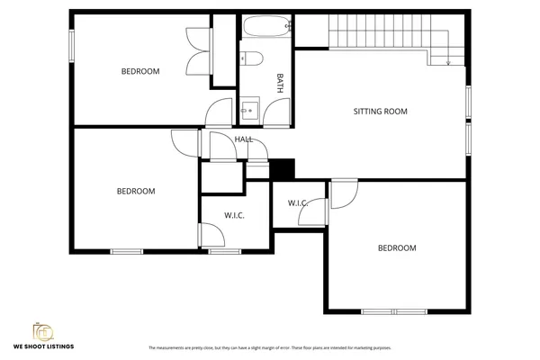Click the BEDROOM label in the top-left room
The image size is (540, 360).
click(x=140, y=71)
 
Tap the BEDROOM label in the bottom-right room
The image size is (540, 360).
click(x=397, y=247)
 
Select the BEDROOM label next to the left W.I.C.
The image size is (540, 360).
click(x=136, y=191)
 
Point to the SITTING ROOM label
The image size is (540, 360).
click(x=380, y=112)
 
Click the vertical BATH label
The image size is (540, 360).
click(x=280, y=83)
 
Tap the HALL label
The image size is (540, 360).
click(x=244, y=139)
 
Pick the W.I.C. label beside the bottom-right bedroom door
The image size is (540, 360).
click(x=298, y=203)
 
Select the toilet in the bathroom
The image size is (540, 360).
click(x=252, y=59)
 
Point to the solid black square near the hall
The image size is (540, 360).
click(x=283, y=168)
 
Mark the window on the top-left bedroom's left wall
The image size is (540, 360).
click(x=72, y=45)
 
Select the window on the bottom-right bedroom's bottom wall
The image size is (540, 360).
click(x=392, y=311)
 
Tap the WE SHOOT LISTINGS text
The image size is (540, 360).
click(x=42, y=346)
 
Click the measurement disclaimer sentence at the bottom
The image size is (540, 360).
click(x=270, y=346)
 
